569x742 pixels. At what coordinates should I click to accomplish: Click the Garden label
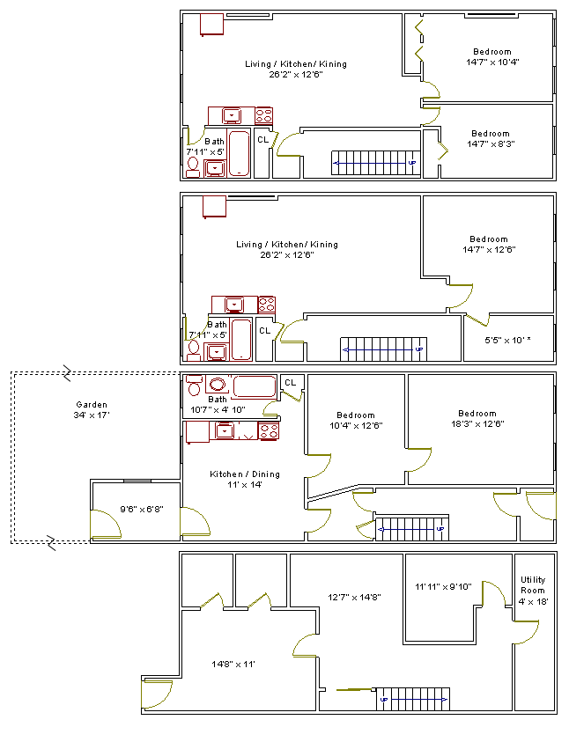point(92,405)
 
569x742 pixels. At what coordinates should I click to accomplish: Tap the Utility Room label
point(533,585)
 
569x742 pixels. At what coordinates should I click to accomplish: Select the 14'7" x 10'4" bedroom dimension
point(492,62)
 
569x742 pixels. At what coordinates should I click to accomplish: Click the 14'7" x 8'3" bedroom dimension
point(491,143)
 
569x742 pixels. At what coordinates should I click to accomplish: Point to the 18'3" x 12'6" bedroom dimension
point(477,424)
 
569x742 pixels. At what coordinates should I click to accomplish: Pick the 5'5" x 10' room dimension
point(507,340)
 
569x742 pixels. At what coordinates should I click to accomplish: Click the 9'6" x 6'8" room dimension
point(141,509)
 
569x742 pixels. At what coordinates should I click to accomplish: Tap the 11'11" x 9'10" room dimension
point(443,587)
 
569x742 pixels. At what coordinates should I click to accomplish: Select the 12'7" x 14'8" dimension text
point(354,597)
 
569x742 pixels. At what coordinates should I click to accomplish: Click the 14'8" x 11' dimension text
point(233,665)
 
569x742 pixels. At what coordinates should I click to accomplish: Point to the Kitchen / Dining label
point(245,474)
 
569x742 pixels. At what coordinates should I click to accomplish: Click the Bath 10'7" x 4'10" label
point(218,405)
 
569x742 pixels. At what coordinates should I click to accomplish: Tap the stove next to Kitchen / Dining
point(269,431)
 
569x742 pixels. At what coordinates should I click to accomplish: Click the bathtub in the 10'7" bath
point(255,386)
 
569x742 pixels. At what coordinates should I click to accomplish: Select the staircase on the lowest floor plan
point(413,699)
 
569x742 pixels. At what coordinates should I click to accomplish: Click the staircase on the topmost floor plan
point(376,163)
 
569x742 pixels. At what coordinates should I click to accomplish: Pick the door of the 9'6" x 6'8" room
point(106,525)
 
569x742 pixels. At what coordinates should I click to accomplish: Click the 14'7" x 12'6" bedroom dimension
point(489,249)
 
